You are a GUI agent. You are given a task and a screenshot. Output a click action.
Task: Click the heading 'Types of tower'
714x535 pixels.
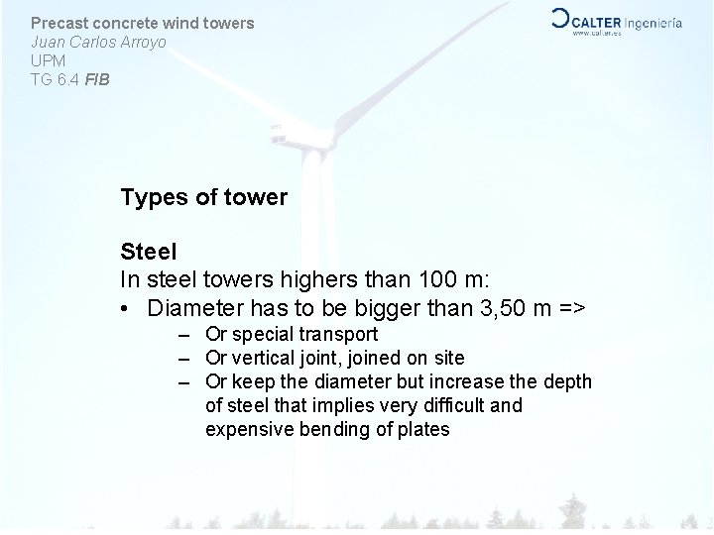click(x=203, y=197)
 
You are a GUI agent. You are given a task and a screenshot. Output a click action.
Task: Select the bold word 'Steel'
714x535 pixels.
click(x=148, y=255)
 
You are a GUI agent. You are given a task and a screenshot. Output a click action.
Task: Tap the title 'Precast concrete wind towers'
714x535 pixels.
click(x=142, y=22)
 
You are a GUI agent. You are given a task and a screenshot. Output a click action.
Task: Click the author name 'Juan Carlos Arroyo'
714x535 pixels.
click(x=98, y=42)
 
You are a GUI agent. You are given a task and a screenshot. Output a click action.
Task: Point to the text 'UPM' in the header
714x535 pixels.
click(x=48, y=59)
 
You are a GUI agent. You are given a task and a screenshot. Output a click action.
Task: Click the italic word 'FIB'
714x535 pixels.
click(x=97, y=77)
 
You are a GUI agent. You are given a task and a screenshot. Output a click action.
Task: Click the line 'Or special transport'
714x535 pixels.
click(x=291, y=335)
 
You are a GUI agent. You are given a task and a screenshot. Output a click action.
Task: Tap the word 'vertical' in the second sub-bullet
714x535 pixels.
click(x=260, y=358)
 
